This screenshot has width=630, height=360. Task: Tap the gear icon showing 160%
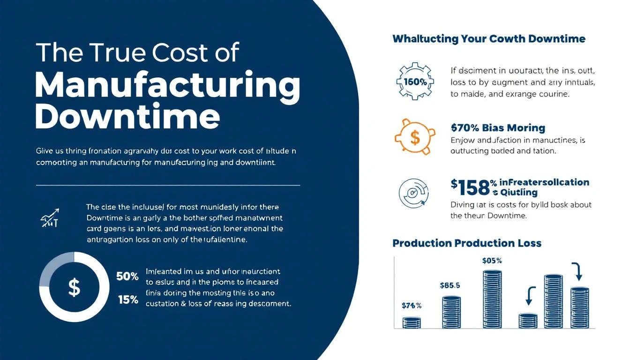click(414, 81)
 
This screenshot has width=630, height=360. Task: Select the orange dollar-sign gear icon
click(414, 137)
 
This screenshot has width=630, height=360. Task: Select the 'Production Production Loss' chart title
click(467, 243)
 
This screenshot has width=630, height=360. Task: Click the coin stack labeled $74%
click(412, 322)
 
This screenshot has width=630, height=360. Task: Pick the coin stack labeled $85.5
click(450, 312)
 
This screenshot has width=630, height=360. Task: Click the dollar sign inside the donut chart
click(74, 287)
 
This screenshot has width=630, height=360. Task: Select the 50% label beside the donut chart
click(127, 277)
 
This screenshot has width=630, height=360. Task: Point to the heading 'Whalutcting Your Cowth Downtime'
click(488, 39)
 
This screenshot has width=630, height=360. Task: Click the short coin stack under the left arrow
click(528, 321)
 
